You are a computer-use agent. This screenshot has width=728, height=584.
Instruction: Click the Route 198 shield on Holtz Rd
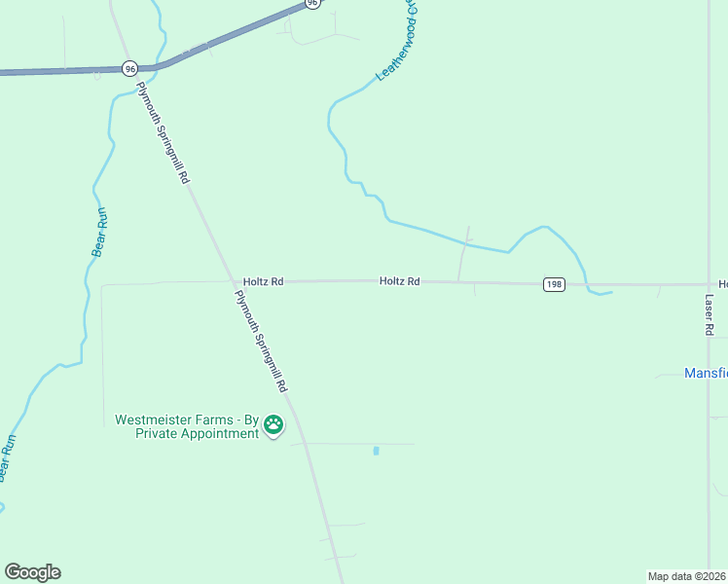[x=554, y=283]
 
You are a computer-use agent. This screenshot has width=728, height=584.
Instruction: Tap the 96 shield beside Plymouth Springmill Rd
[x=130, y=68]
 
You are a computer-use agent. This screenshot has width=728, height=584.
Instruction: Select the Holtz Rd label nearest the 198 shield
[x=400, y=281]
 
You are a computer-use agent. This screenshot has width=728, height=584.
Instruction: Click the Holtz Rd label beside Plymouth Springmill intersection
[x=263, y=281]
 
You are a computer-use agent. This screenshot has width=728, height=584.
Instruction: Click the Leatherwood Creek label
[x=397, y=41]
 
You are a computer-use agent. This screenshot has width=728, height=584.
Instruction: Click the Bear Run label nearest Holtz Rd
[x=98, y=233]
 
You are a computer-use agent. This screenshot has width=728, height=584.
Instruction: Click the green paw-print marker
[x=273, y=425]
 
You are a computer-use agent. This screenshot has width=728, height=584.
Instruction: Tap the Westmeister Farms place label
[x=186, y=426]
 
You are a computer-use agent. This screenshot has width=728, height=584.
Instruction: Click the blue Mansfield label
[x=705, y=373]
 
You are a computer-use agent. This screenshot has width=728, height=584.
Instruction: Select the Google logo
[x=32, y=572]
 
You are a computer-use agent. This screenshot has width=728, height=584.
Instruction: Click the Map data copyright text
[x=687, y=575]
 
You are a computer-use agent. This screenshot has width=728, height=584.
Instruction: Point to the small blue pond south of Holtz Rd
[x=376, y=451]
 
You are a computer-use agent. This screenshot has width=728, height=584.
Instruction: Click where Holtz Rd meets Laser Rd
[x=709, y=284]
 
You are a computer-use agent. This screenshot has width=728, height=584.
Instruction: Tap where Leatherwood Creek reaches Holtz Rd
[x=588, y=285]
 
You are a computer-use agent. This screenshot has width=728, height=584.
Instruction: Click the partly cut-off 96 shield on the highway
[x=311, y=4]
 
